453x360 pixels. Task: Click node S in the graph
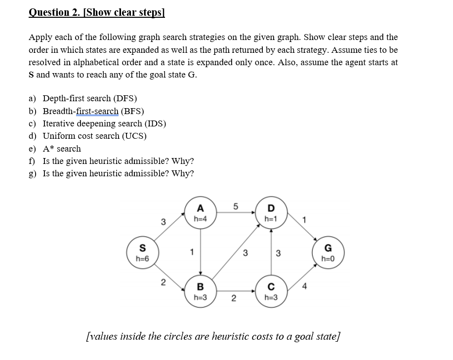(x=142, y=252)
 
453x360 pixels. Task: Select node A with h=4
(x=201, y=213)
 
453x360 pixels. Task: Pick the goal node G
(x=328, y=252)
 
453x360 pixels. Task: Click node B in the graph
(x=201, y=291)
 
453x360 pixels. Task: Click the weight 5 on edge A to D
(x=236, y=207)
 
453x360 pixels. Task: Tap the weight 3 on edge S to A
(x=164, y=221)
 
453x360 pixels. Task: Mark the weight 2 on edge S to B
(x=164, y=283)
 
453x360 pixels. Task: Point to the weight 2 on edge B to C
(x=234, y=298)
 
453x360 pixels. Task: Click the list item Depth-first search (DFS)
(x=89, y=98)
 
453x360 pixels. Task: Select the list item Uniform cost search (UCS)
(x=94, y=136)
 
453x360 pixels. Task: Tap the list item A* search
(x=62, y=149)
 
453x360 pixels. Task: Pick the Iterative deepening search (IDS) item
(x=104, y=123)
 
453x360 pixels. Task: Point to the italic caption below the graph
(x=213, y=336)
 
